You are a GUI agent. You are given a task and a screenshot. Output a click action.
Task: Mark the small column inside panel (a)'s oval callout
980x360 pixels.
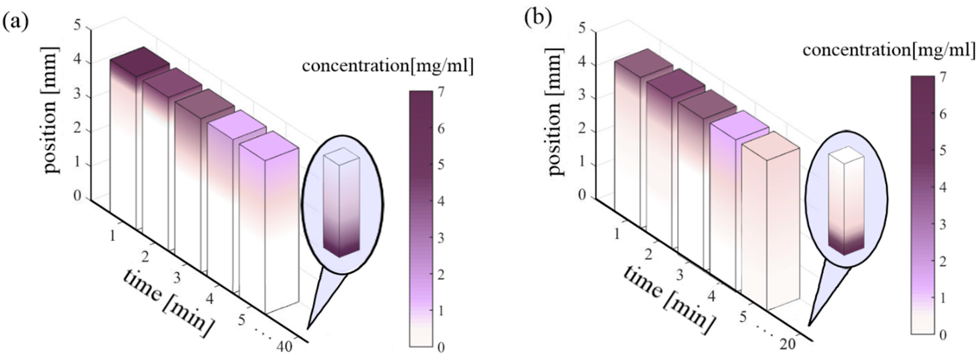pos(341,202)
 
